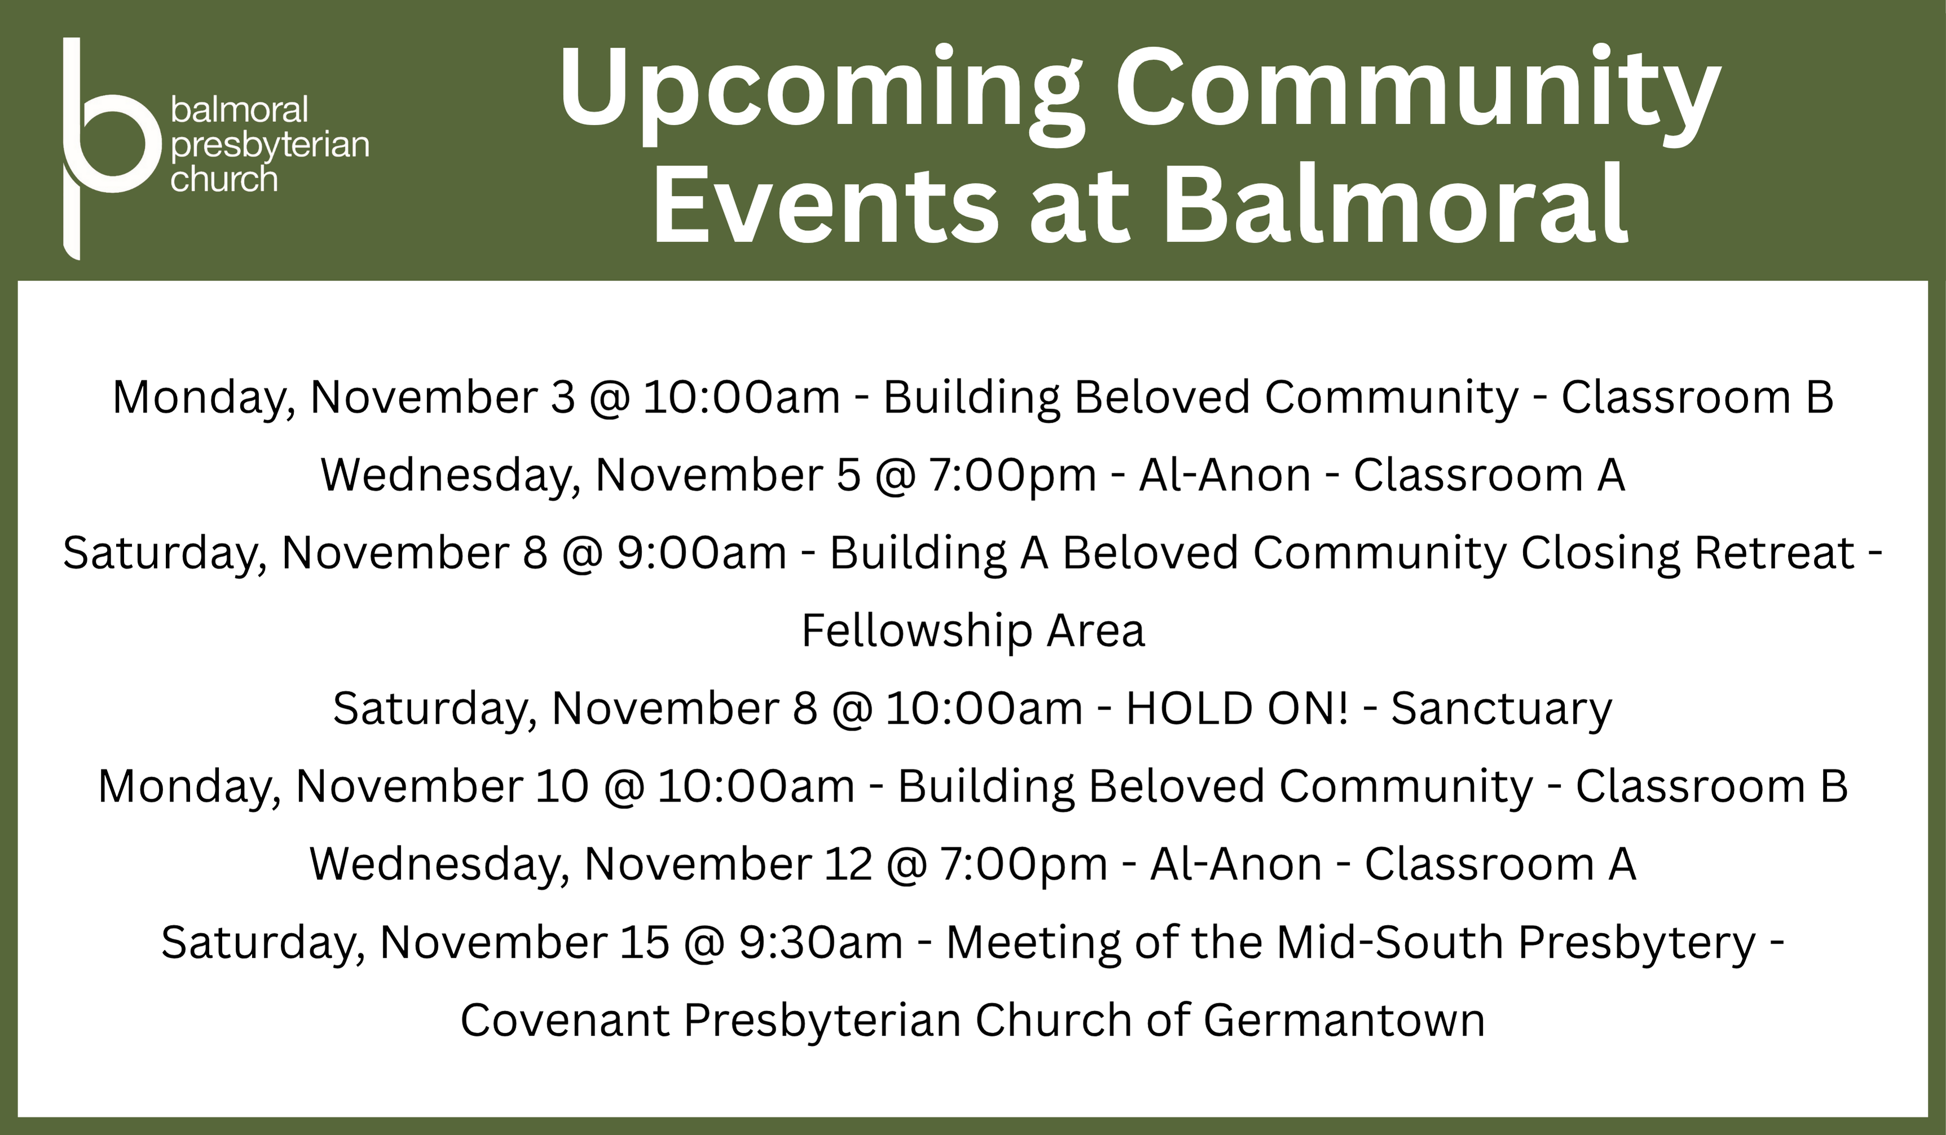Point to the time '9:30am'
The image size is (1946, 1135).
(x=821, y=943)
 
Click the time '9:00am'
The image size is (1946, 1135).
(x=702, y=553)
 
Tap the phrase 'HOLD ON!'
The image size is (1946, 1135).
(x=1237, y=708)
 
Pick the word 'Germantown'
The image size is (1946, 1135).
(x=1344, y=1020)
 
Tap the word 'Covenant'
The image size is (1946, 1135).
(x=565, y=1020)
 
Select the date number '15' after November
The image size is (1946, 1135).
(x=644, y=943)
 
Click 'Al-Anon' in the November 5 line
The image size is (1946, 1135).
(x=1225, y=475)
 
